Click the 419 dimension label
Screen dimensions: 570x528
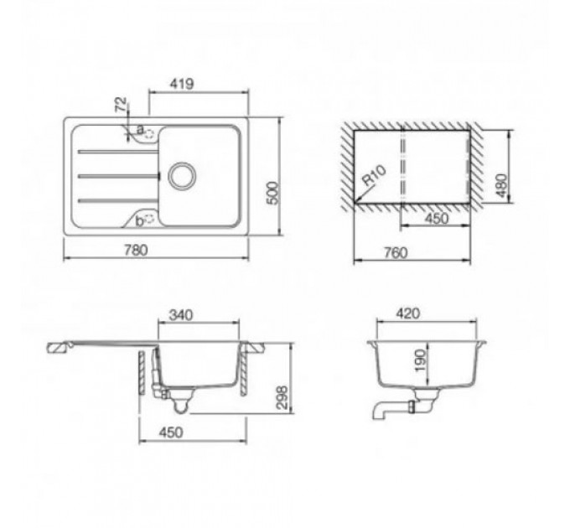[182, 84]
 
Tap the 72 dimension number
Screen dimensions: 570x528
[121, 104]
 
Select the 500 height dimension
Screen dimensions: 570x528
[274, 193]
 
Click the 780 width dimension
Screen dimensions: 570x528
[136, 251]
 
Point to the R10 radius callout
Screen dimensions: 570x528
[374, 175]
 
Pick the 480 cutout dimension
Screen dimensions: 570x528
[501, 186]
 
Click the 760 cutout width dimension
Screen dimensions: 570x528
[396, 252]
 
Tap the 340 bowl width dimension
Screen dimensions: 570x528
[181, 314]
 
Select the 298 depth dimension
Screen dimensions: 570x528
[282, 397]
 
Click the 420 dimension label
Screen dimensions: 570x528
[408, 313]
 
